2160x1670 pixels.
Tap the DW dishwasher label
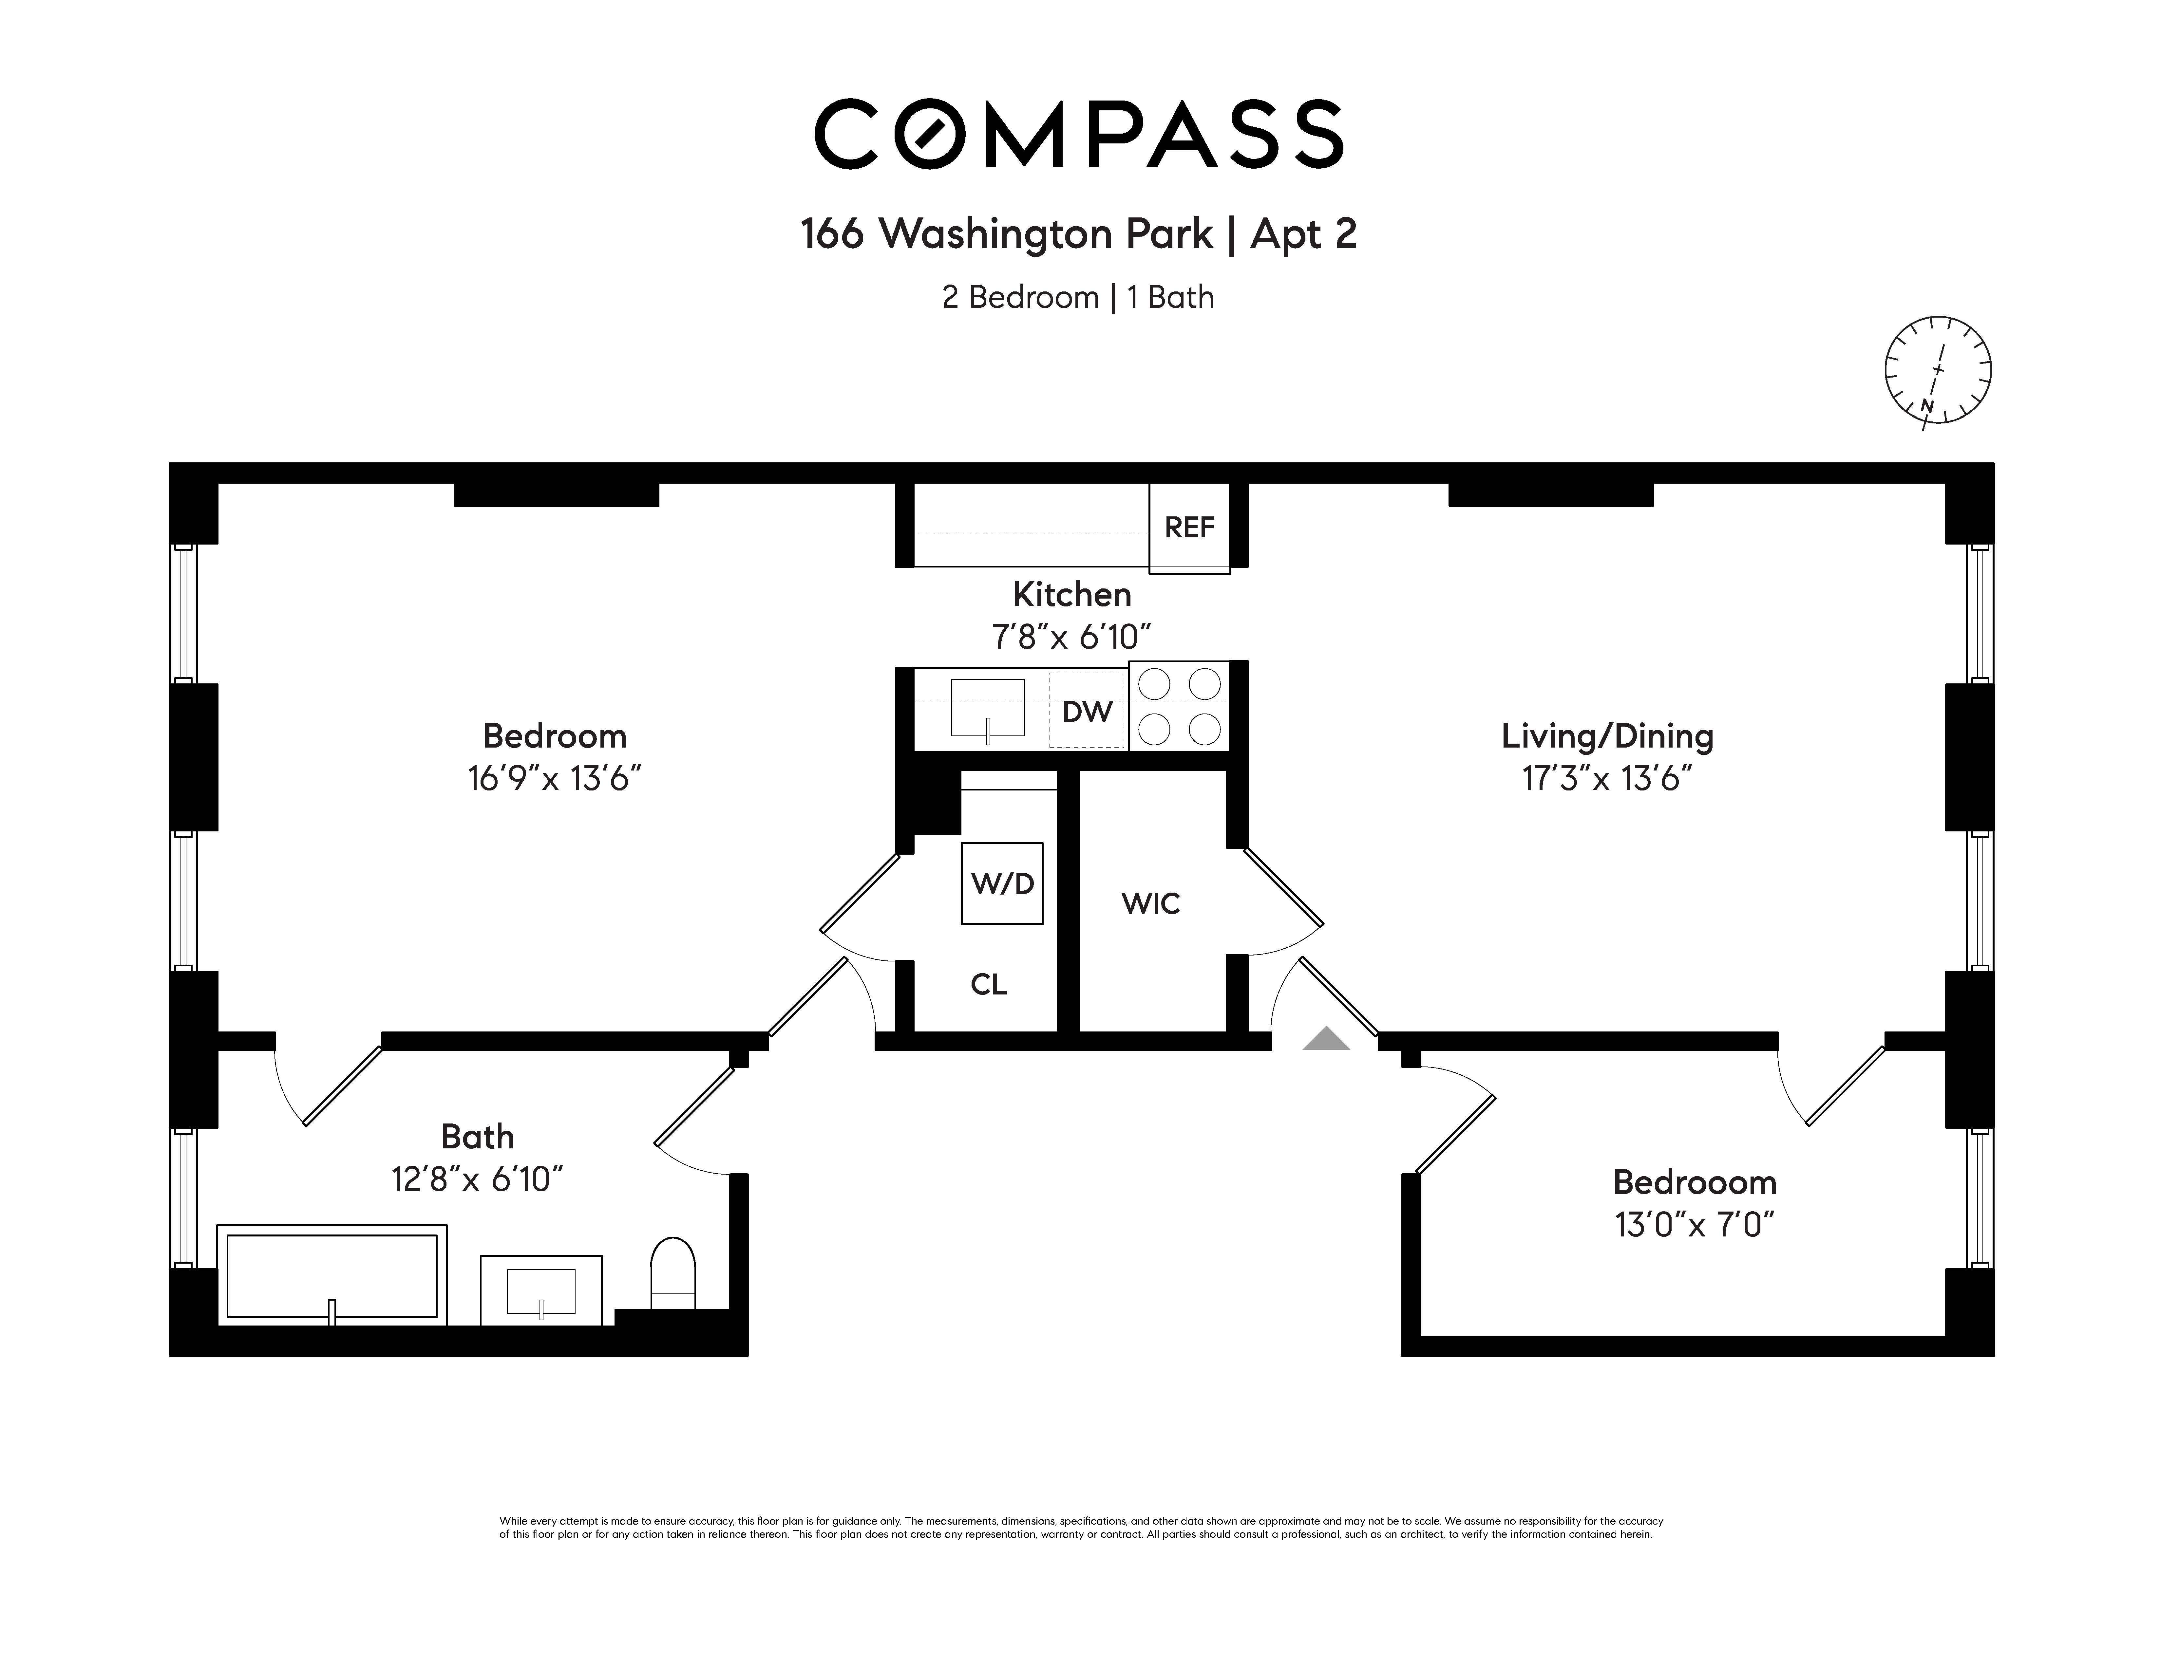(x=1087, y=712)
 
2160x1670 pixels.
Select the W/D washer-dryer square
(x=1002, y=883)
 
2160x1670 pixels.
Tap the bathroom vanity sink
(x=541, y=1290)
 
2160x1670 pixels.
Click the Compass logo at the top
(x=1079, y=134)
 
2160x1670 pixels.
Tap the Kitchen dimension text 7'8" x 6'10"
(x=1072, y=637)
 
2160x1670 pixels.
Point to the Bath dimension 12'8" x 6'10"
(x=478, y=1179)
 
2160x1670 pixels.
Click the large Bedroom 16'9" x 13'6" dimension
(x=555, y=779)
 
